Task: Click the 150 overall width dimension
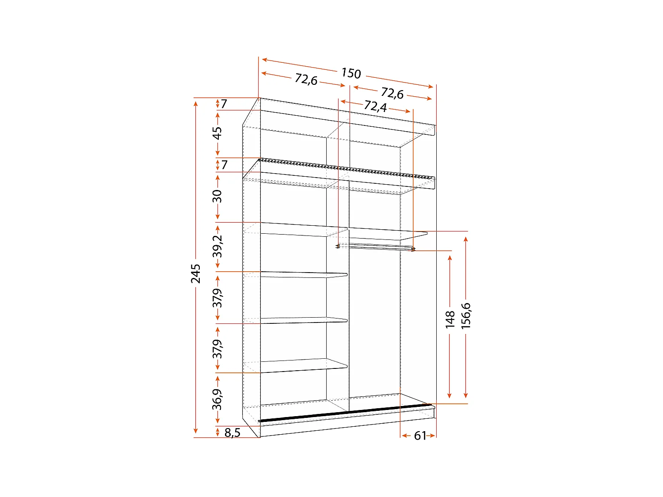coord(351,73)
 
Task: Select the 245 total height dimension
coord(196,273)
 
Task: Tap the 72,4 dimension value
coord(375,106)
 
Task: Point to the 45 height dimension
coord(217,133)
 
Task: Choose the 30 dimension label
coord(217,196)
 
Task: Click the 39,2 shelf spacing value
coord(217,246)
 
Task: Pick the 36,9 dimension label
coord(217,399)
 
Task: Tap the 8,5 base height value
coord(232,433)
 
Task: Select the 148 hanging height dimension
coord(450,319)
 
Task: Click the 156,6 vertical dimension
coord(466,315)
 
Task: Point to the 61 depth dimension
coord(420,436)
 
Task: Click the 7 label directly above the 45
coord(224,104)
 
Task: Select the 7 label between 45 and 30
coord(225,165)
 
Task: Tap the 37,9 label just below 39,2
coord(217,297)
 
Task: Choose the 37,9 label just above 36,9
coord(217,349)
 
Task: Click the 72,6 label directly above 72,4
coord(392,94)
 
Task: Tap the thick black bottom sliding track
coord(345,412)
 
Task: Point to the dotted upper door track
coord(345,168)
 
